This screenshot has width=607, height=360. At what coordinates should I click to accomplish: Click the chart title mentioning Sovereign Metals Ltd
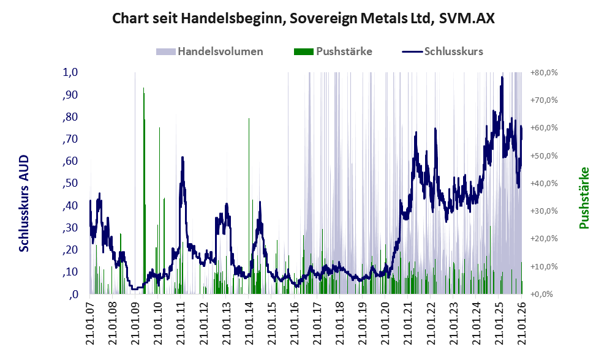tap(303, 18)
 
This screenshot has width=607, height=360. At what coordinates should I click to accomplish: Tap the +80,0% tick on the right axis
tap(543, 72)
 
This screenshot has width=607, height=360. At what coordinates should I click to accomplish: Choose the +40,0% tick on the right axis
tap(543, 183)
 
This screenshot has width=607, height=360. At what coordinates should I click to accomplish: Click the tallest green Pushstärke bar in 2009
tap(143, 89)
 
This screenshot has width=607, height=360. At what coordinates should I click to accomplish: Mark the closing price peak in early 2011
tap(183, 158)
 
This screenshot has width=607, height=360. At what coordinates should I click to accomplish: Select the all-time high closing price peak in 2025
tap(502, 78)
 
